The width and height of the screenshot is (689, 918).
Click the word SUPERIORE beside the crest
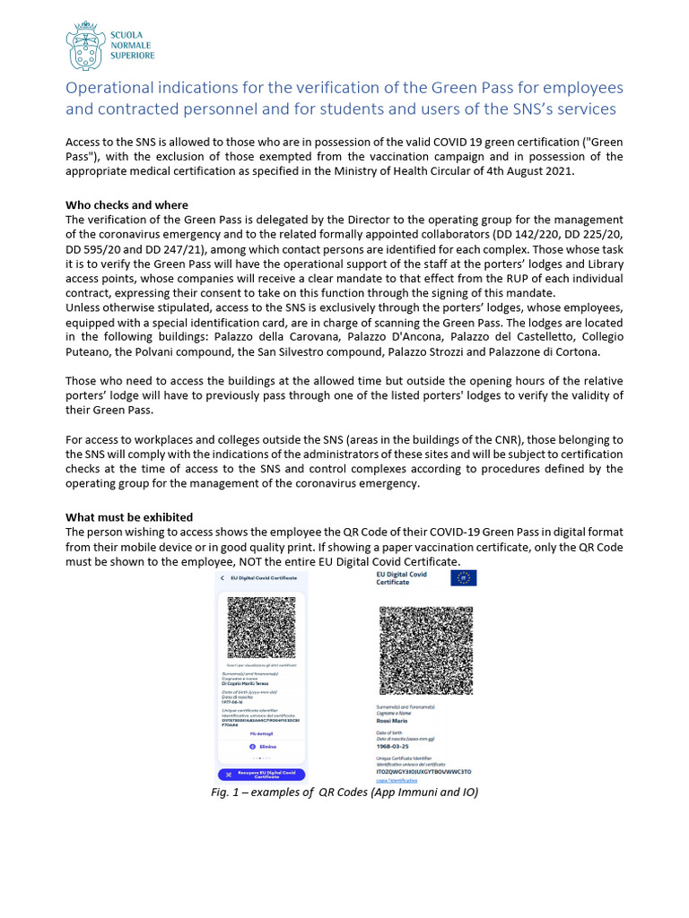(x=132, y=56)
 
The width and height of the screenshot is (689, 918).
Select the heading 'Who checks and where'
(x=126, y=205)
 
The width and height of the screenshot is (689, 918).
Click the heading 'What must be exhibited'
(x=128, y=517)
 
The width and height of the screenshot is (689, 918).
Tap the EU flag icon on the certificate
(x=464, y=578)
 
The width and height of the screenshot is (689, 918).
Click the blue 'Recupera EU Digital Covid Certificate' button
(x=261, y=775)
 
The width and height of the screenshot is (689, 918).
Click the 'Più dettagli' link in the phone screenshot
(x=261, y=732)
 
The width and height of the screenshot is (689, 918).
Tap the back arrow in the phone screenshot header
(x=222, y=578)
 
